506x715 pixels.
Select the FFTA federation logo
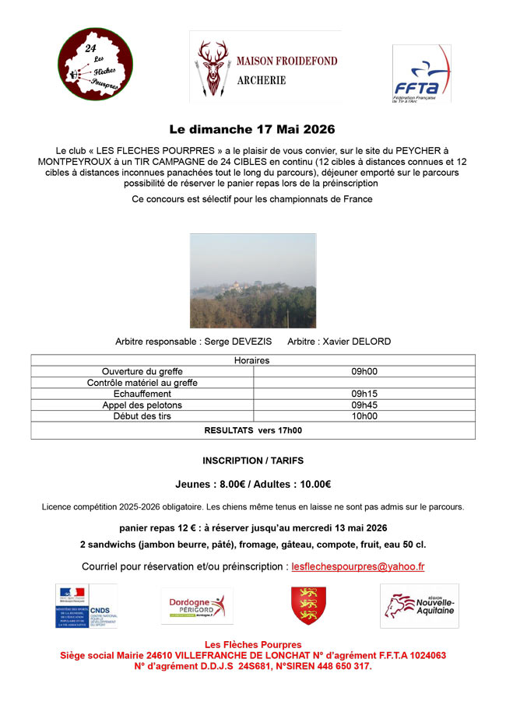tap(421, 73)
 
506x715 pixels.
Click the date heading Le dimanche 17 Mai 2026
tap(252, 128)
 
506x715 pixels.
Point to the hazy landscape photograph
tap(253, 280)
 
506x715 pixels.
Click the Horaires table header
tap(252, 361)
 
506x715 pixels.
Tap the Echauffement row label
tap(142, 394)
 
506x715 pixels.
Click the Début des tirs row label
tap(142, 416)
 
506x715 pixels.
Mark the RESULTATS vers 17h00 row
tap(252, 429)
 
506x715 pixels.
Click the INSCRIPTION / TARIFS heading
tap(252, 461)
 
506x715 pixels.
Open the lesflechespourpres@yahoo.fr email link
tap(357, 567)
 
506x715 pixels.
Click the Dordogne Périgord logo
tap(196, 606)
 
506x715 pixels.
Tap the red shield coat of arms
tap(308, 605)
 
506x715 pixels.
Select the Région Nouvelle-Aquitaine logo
tap(419, 606)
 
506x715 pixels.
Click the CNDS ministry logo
tap(86, 606)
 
